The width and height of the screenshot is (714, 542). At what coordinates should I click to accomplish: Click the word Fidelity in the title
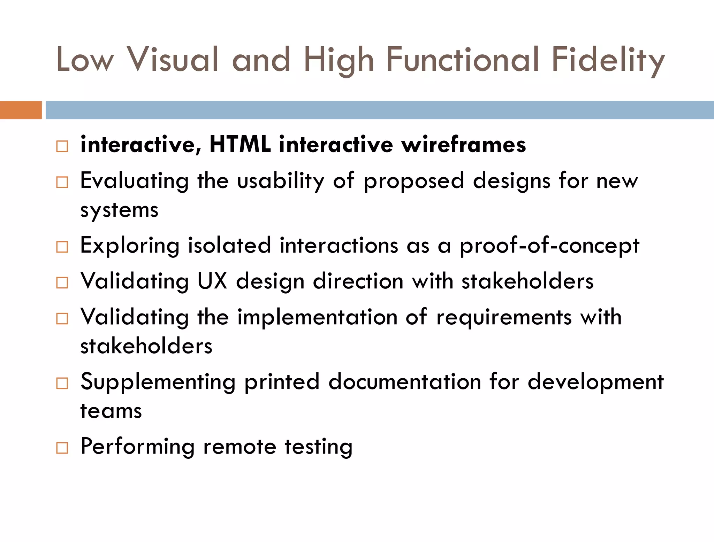(608, 60)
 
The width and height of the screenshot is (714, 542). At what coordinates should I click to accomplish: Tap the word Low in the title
(85, 60)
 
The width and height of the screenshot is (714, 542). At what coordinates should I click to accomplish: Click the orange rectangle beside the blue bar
(21, 110)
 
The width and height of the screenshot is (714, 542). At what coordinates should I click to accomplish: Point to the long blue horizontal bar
(380, 110)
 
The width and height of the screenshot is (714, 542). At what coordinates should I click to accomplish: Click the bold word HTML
(240, 144)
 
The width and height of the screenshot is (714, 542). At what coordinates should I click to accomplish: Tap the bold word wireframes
(464, 144)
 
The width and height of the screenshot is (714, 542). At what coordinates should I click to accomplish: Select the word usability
(281, 181)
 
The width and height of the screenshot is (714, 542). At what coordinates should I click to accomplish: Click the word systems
(119, 210)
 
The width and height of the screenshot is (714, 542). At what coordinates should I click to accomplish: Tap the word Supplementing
(158, 382)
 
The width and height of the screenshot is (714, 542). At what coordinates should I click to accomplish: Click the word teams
(111, 411)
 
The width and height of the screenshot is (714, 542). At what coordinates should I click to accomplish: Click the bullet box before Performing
(62, 448)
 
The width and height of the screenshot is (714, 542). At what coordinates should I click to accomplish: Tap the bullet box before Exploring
(62, 247)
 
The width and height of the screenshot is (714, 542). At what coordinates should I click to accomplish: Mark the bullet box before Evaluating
(62, 182)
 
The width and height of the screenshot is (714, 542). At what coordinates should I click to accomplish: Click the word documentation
(405, 382)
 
